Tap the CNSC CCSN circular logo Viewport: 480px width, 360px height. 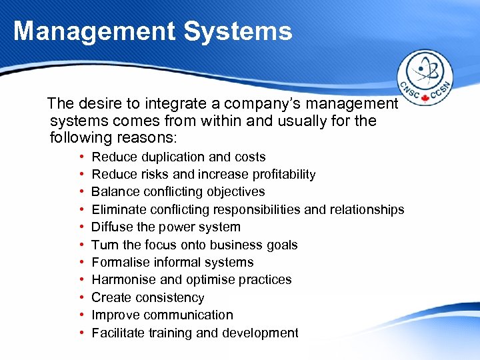[x=425, y=78]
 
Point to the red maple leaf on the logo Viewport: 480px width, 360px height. [x=425, y=97]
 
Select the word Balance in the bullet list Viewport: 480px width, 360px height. [x=113, y=192]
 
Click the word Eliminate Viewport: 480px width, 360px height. [x=118, y=209]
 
